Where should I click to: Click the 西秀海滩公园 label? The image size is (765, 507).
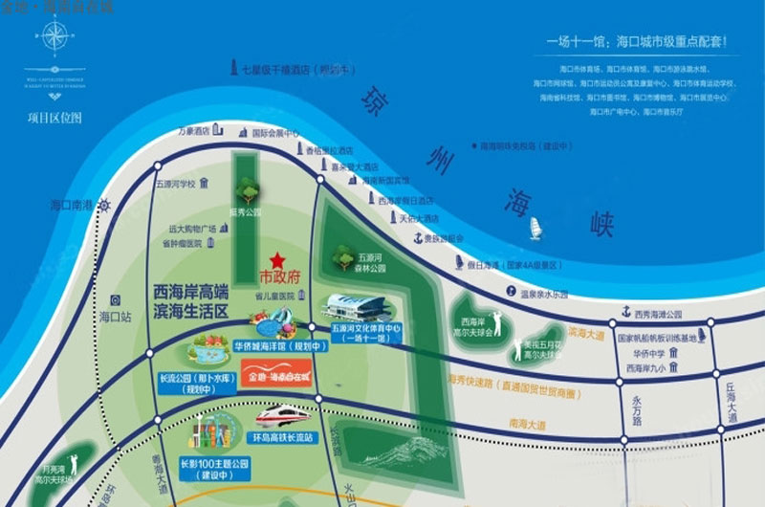(658, 314)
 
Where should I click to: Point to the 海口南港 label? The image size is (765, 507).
(71, 205)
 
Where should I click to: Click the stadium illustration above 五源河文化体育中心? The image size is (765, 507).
(356, 306)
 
